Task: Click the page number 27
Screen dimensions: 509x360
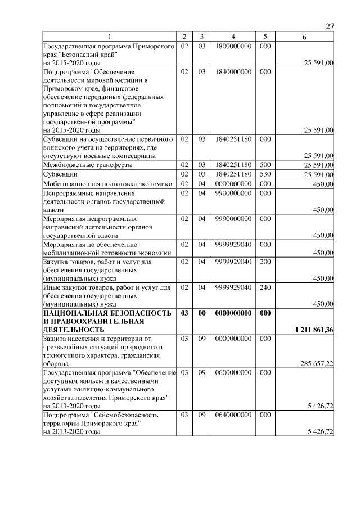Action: [x=330, y=27]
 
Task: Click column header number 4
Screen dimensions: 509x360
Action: [x=232, y=37]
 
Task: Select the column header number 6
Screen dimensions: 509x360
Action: [x=304, y=37]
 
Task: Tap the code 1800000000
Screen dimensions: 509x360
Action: [x=232, y=46]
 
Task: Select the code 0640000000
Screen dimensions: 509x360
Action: [x=232, y=415]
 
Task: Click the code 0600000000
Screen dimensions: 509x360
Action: [x=232, y=372]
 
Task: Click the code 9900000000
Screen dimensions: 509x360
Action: [x=232, y=192]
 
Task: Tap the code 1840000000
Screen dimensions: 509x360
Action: [x=232, y=72]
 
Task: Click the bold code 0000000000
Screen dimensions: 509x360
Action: [x=232, y=313]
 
